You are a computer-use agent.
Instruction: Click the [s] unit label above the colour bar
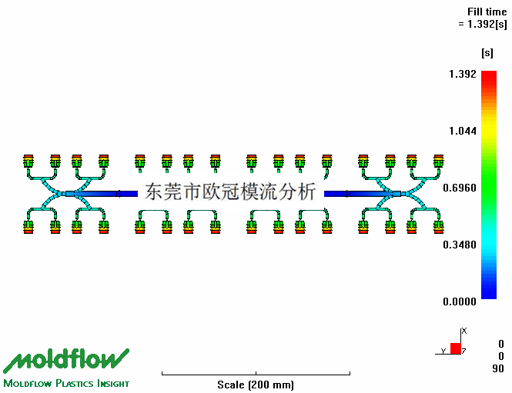coord(487,53)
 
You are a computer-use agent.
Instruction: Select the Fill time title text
coord(487,12)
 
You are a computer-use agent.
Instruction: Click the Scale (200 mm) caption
coord(256,385)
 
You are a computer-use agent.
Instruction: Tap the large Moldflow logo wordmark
coord(66,359)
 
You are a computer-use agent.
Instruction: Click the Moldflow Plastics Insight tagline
coord(66,383)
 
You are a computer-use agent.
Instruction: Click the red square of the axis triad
coord(456,348)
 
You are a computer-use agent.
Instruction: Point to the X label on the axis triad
coord(465,331)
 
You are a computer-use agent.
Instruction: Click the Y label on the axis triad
coord(443,351)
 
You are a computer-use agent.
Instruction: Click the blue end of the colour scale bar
coord(488,292)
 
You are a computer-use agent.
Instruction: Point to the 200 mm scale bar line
coord(256,374)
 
